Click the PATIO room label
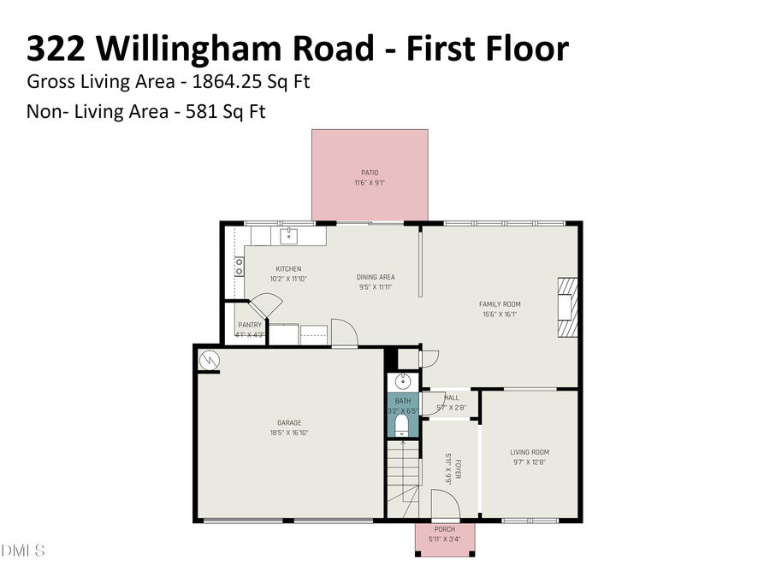tap(369, 174)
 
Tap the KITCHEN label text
tap(288, 269)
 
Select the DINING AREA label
tap(376, 277)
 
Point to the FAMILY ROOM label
tap(500, 304)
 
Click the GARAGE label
tap(289, 422)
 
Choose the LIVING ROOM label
tap(530, 452)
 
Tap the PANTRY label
tap(250, 325)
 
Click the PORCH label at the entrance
tap(445, 529)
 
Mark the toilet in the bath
tap(402, 423)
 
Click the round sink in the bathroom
tap(403, 381)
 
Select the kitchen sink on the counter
tap(288, 234)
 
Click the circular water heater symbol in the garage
tap(209, 361)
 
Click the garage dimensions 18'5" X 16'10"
tap(289, 433)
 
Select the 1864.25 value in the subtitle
tap(218, 82)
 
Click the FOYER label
tap(458, 469)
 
